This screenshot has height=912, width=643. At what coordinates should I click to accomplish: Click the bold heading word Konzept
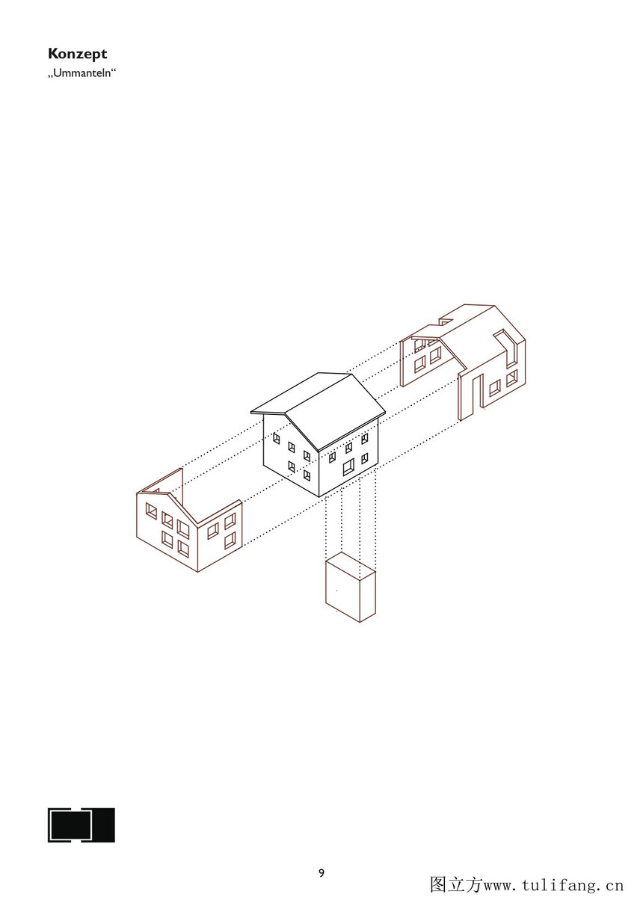[x=77, y=54]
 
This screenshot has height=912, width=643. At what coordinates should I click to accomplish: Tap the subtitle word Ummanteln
[x=82, y=74]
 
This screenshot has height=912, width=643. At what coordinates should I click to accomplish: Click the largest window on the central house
[x=348, y=466]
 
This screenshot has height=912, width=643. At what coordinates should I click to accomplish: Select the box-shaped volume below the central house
[x=350, y=587]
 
